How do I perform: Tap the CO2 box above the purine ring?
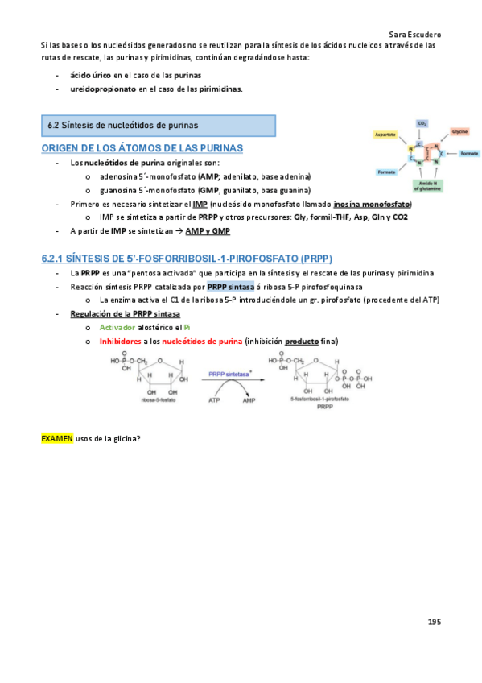tap(422, 123)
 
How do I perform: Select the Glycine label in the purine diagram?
tap(459, 130)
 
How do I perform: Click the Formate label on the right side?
tap(469, 153)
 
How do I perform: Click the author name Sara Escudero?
tap(414, 35)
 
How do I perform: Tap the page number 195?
tap(435, 621)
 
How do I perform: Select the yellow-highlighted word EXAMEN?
tap(56, 438)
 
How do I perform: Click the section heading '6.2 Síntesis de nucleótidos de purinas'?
tap(123, 125)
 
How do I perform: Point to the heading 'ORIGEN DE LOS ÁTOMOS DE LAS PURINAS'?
tap(142, 149)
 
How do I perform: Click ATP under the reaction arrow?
tap(214, 399)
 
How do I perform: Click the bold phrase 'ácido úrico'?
tap(90, 74)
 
